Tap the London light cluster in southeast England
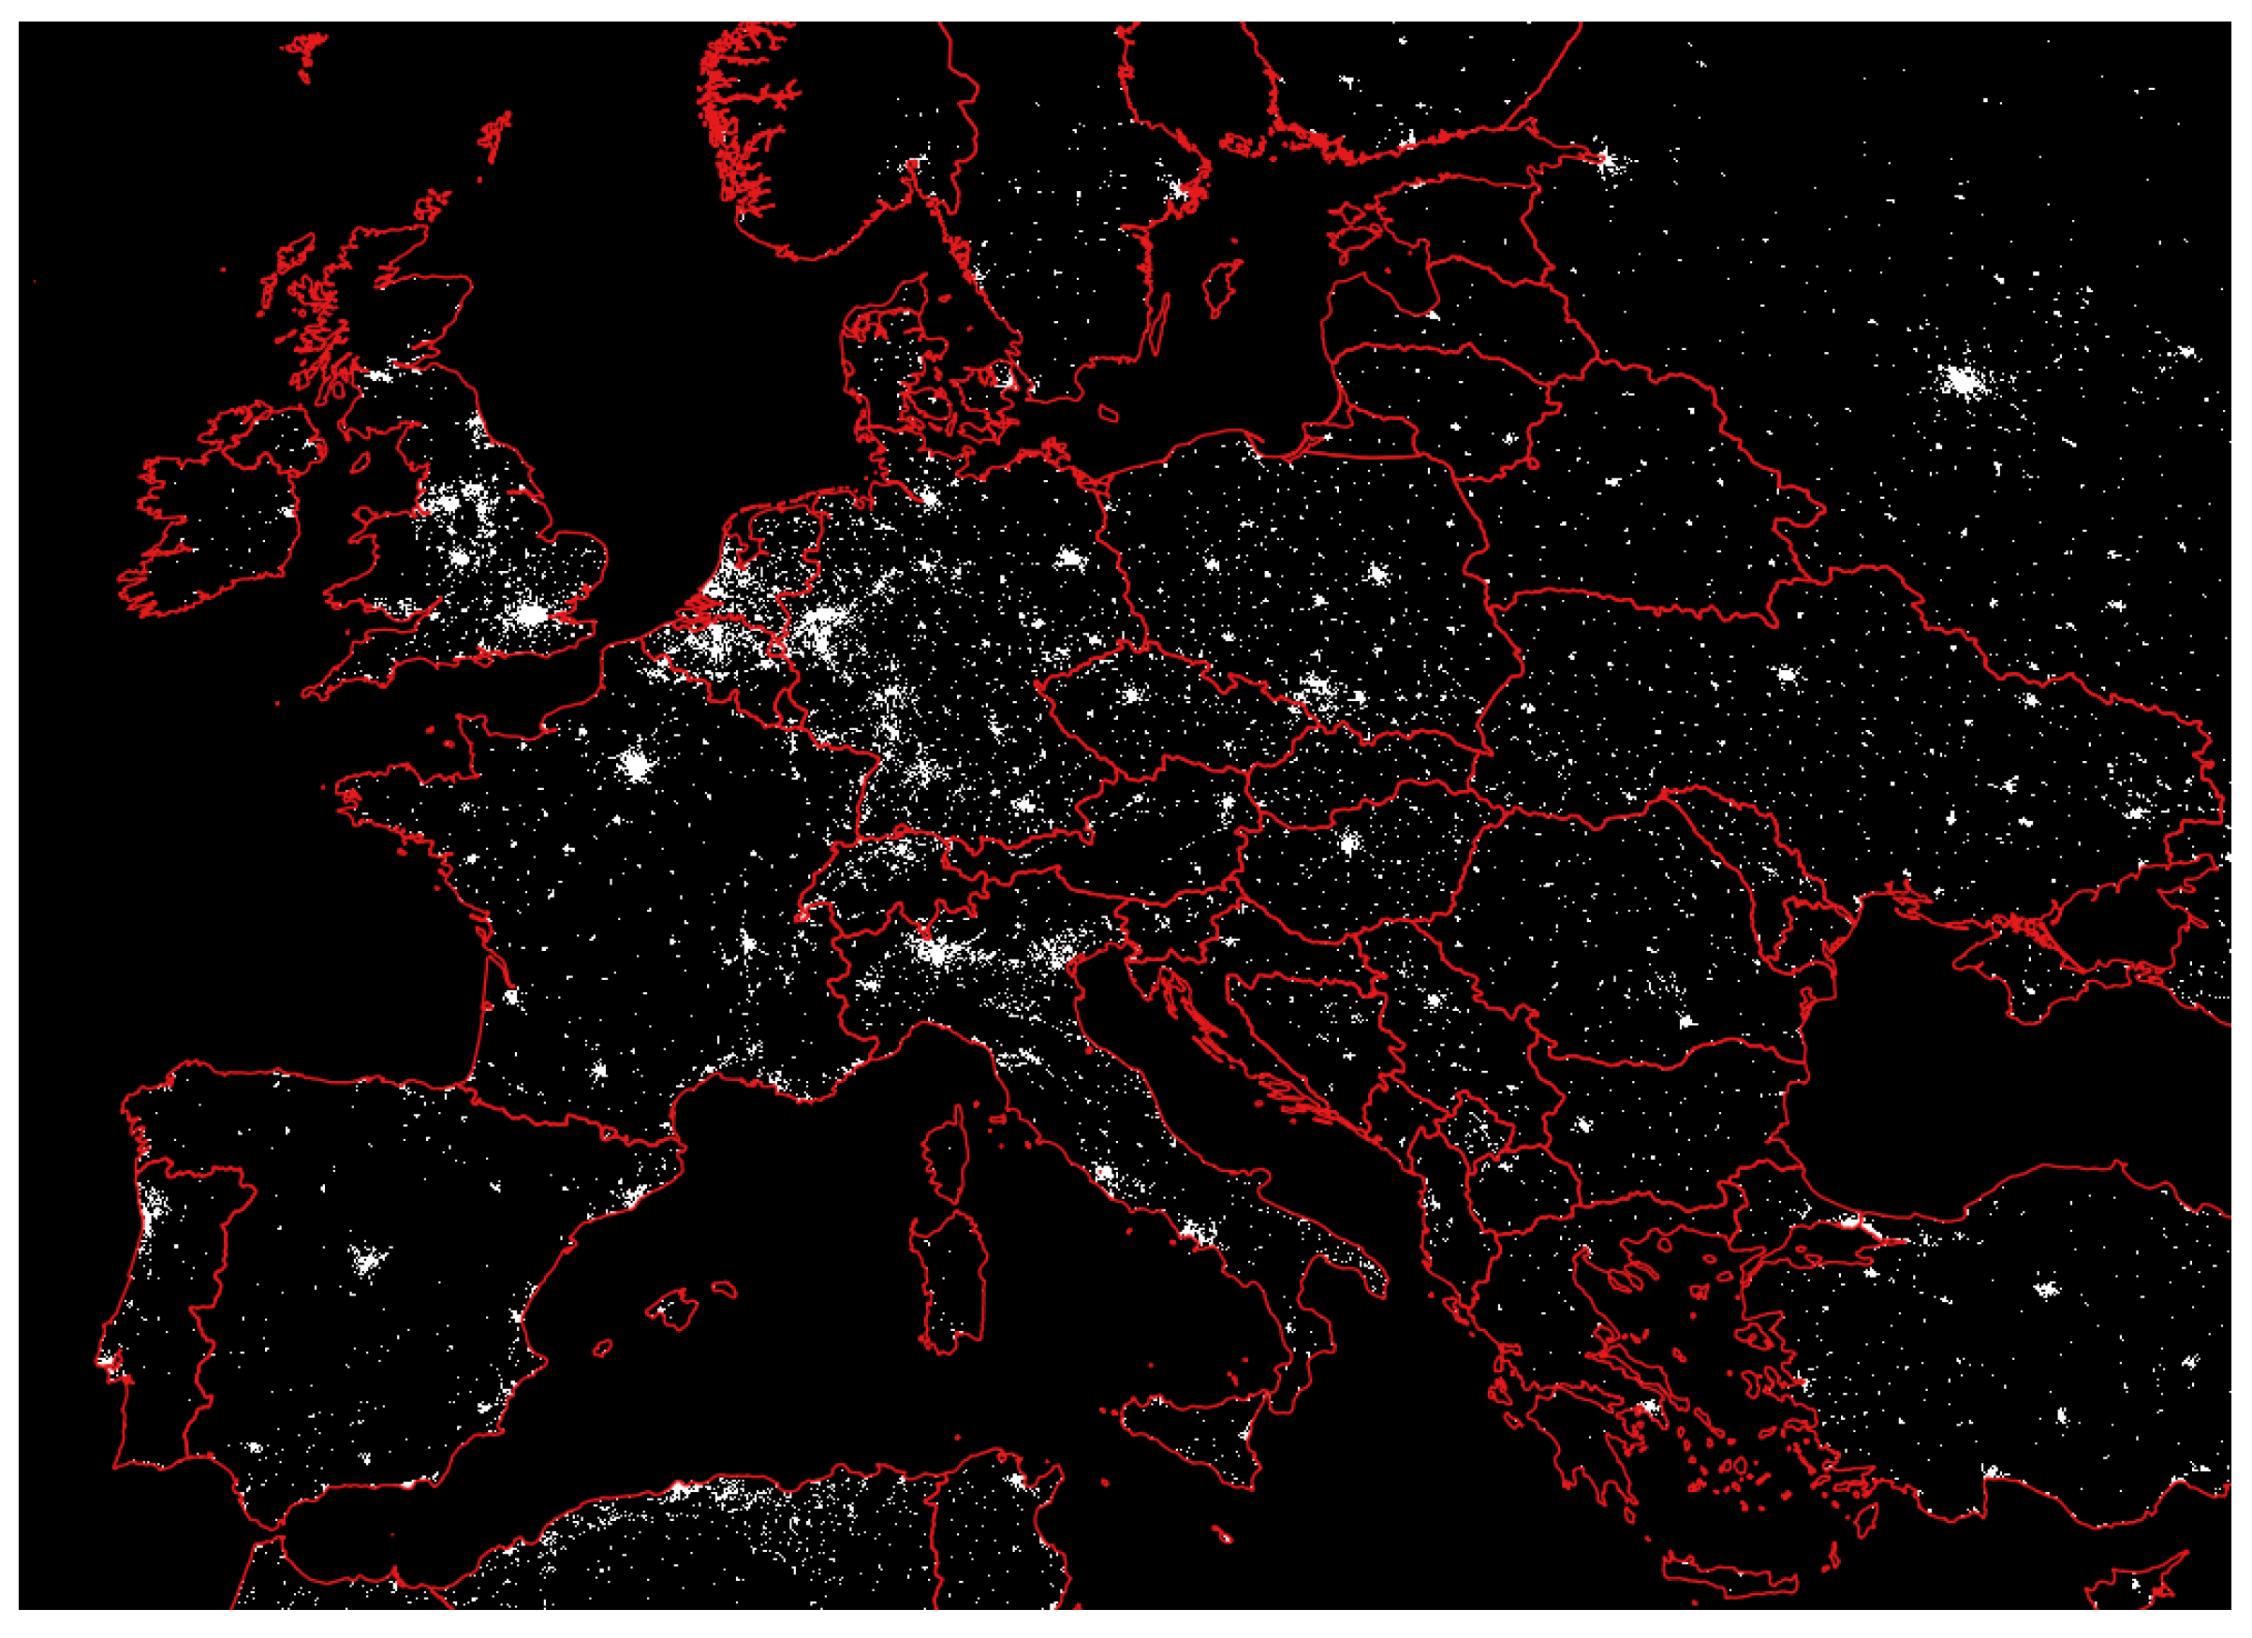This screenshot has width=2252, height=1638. coord(531,616)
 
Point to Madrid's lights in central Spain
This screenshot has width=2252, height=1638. coord(368,1261)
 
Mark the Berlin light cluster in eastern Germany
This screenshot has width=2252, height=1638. coord(1069,558)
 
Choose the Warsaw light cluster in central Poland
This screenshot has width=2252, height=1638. coord(1377,573)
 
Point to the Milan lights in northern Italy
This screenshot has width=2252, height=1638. coord(934,951)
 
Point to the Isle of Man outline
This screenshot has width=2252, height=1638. coord(361,462)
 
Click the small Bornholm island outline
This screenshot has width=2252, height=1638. coord(1109,411)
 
